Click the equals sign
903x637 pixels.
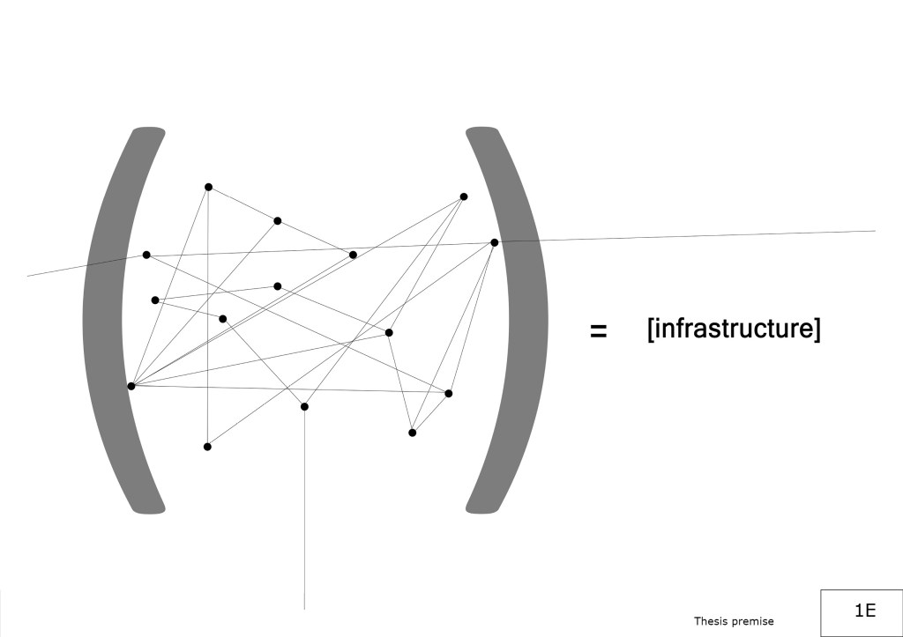pos(598,331)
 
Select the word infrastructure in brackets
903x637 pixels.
pos(733,330)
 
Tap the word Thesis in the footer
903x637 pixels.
pos(711,621)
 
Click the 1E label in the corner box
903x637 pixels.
pos(864,610)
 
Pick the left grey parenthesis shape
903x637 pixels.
pos(106,317)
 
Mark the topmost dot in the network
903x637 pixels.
pos(208,187)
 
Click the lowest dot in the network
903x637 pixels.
pos(207,447)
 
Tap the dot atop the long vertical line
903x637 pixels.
pos(304,406)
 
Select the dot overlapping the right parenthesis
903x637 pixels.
pos(495,242)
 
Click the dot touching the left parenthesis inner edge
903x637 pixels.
pos(131,386)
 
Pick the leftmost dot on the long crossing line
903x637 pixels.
pos(146,255)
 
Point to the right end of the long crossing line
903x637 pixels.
pos(875,231)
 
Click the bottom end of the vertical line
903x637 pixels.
pos(304,609)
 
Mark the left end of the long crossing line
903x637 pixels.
pos(28,276)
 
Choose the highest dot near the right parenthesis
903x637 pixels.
pos(464,196)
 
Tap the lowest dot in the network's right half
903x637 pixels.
pos(412,433)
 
